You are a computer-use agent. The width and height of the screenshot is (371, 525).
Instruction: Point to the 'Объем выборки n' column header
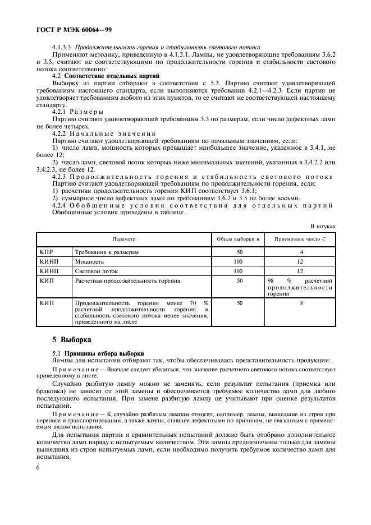click(239, 239)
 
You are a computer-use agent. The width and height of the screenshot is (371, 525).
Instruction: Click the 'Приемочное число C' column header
click(301, 239)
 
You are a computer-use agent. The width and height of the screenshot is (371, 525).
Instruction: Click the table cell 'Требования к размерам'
click(107, 252)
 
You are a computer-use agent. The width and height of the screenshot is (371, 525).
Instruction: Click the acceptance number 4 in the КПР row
click(301, 252)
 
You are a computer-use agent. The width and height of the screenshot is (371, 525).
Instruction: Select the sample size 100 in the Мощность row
click(239, 261)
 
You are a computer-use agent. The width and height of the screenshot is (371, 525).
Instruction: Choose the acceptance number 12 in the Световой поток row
click(301, 270)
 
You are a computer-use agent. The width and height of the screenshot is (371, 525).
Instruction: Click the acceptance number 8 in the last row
click(301, 302)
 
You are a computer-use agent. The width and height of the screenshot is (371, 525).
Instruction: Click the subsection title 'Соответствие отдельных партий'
click(112, 75)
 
